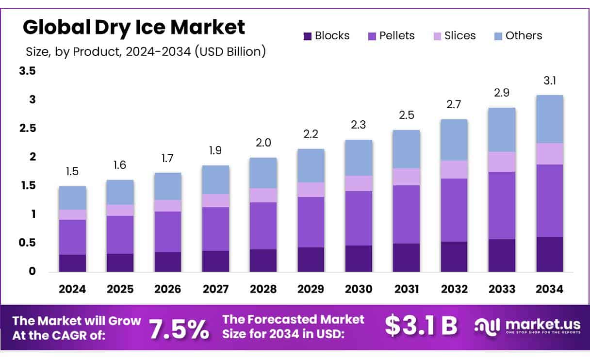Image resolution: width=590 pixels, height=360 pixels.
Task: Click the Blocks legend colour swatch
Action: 307,36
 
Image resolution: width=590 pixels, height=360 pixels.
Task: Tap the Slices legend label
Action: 459,35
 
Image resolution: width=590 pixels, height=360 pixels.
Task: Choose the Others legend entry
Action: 524,35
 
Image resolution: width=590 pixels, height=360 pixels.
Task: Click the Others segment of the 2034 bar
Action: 549,119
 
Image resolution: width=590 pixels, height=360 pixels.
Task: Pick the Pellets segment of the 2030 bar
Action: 359,218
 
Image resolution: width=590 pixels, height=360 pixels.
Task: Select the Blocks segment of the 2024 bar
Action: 72,262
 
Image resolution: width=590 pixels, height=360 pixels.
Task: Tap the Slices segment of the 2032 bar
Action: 454,169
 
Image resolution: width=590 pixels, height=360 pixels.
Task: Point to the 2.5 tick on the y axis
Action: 27,128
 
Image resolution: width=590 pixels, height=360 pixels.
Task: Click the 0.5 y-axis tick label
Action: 27,243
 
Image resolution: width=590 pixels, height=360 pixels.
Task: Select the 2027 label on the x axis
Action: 215,290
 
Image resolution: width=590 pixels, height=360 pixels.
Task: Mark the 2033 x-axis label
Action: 502,290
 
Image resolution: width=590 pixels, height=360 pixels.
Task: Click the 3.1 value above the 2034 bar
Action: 549,81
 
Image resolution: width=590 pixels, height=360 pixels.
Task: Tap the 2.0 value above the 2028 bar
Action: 263,143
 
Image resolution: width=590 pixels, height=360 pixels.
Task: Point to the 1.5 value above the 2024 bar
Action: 72,172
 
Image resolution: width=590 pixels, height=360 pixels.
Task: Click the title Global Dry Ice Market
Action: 134,28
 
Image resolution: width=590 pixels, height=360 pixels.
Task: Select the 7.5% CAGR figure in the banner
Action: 179,328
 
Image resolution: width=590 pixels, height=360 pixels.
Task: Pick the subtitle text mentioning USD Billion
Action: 146,51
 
